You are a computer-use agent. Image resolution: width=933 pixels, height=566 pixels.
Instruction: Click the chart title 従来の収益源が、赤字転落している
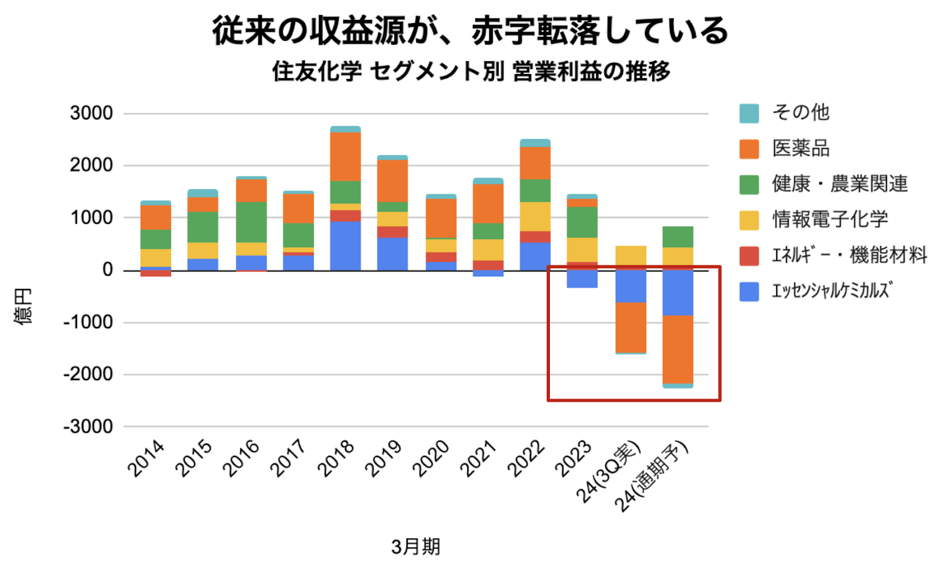470,30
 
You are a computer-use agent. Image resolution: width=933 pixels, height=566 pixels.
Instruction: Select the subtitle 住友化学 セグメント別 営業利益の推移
471,71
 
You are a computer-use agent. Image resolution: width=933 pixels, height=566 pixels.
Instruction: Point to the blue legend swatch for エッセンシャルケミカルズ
749,291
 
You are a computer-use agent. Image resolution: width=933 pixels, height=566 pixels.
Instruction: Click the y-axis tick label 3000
92,113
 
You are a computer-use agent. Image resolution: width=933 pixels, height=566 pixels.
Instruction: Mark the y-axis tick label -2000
88,374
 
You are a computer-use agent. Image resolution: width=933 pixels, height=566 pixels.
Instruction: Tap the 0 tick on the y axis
108,270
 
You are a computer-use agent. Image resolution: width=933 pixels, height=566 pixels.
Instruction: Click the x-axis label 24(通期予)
653,475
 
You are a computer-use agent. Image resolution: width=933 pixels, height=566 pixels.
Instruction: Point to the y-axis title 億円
23,306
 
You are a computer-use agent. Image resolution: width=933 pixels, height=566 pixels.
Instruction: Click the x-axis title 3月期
416,546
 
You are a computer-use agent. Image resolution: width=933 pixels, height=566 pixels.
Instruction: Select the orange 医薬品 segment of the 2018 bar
345,156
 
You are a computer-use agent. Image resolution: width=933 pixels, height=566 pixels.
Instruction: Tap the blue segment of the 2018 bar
345,245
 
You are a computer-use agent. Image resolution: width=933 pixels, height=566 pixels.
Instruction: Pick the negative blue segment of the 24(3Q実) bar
630,286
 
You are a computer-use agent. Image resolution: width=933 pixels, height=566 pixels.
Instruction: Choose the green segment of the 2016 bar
251,222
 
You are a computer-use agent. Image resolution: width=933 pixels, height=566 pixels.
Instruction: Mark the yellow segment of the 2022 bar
535,216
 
